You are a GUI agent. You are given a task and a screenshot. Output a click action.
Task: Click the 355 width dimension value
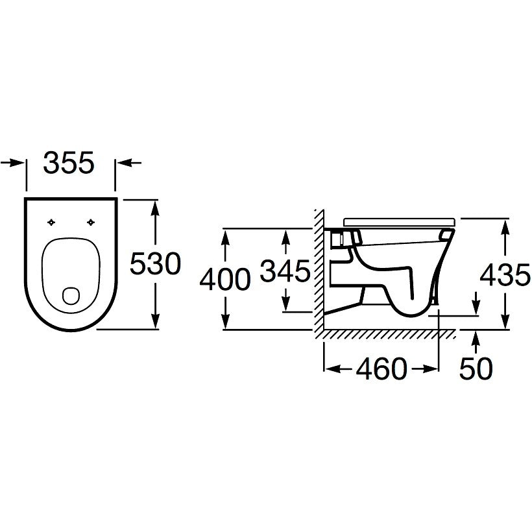tap(68, 163)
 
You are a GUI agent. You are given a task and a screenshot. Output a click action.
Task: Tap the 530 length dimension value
tap(156, 263)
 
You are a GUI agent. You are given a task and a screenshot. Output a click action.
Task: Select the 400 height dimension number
tap(225, 279)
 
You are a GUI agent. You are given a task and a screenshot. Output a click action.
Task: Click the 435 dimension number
tap(505, 274)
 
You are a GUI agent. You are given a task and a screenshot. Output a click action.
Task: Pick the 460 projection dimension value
tap(381, 369)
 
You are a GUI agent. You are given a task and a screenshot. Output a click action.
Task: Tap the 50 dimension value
tap(476, 369)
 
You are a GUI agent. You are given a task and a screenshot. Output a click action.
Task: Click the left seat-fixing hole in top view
tap(51, 223)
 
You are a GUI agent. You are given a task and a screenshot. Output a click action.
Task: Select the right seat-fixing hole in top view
tap(91, 223)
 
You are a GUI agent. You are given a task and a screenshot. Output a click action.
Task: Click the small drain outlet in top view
tap(71, 296)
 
